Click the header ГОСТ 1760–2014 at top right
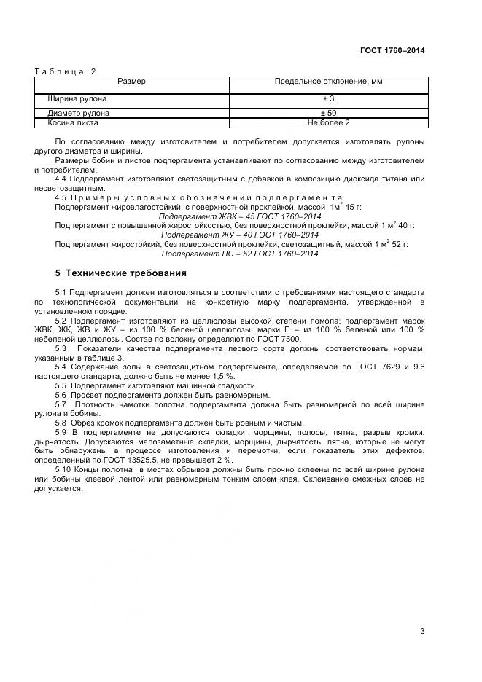point(392,50)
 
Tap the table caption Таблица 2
point(66,71)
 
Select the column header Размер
point(131,82)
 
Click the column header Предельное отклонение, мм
point(328,82)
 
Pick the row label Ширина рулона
point(77,98)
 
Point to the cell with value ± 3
point(328,98)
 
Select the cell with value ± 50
point(328,114)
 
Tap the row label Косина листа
point(74,123)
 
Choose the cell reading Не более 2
point(328,123)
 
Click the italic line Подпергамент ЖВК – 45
point(240,216)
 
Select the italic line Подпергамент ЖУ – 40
point(240,235)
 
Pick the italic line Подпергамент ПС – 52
point(240,254)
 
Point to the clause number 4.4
point(62,179)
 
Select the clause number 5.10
point(64,470)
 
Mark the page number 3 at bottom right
point(421,632)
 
